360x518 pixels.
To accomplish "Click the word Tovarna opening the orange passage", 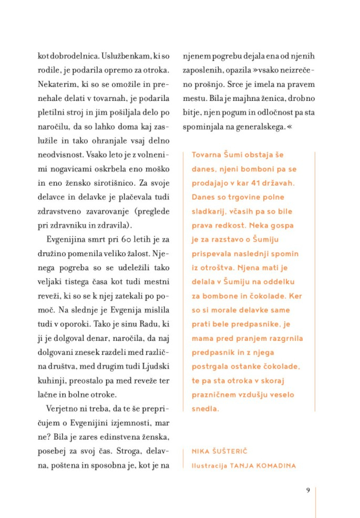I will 209,155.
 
